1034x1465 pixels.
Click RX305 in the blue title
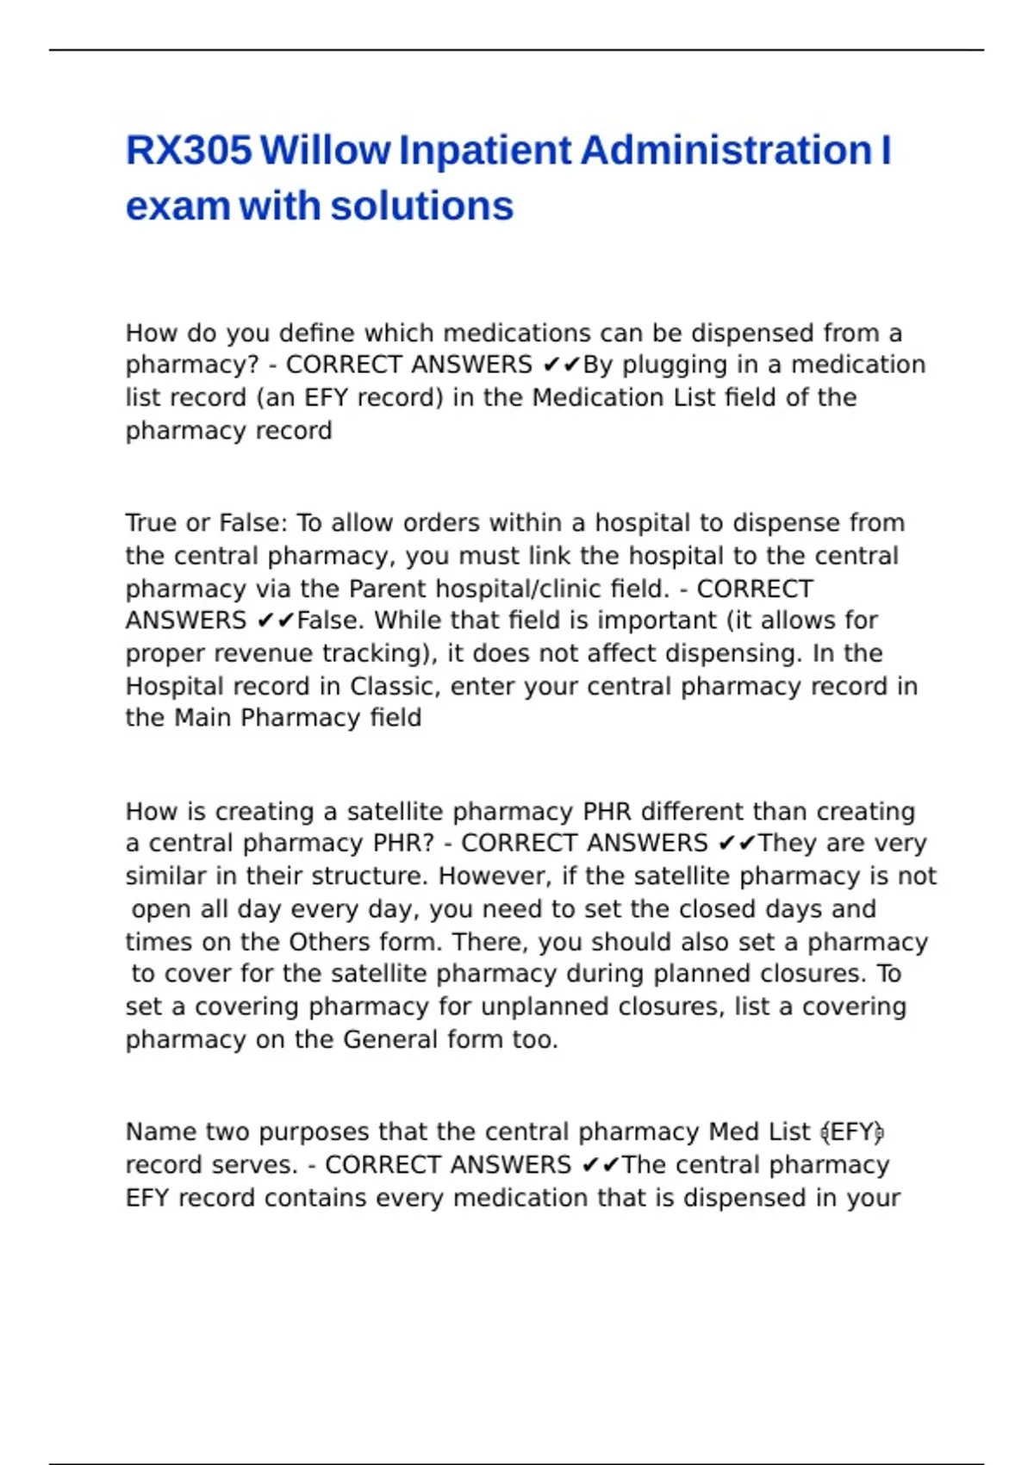click(x=189, y=151)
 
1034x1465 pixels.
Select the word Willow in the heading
click(x=325, y=151)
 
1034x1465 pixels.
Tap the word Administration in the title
click(x=726, y=151)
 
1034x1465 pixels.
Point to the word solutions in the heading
click(x=421, y=207)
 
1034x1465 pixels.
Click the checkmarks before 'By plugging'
click(x=562, y=365)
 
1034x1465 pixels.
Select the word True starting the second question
click(x=151, y=523)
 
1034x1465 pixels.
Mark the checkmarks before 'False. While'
click(x=276, y=621)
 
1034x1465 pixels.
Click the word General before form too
click(x=390, y=1039)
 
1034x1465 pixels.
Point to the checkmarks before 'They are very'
click(x=737, y=844)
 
